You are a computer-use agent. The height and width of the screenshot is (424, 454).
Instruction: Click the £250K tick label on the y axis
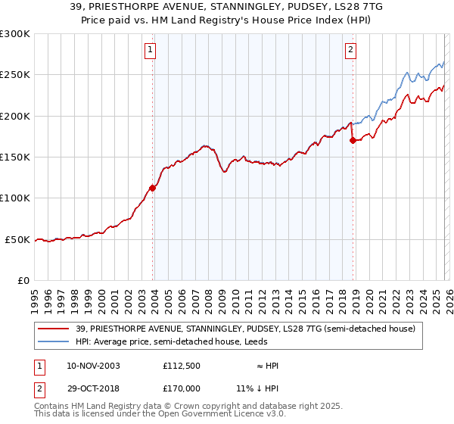[15, 75]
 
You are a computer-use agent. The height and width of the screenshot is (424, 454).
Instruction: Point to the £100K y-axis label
[15, 198]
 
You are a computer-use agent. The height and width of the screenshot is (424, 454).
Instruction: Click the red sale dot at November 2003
[153, 188]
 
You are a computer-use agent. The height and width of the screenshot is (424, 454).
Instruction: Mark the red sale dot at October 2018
[353, 140]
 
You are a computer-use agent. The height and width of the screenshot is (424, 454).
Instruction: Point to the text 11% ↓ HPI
[258, 387]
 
